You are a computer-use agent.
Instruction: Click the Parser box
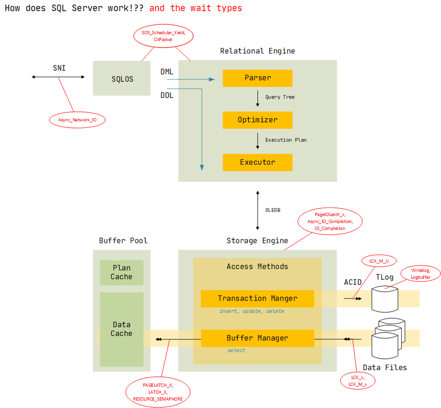coord(257,78)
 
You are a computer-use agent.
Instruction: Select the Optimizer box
coord(257,120)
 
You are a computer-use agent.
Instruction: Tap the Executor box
coord(257,162)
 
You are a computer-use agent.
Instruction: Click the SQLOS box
coord(122,79)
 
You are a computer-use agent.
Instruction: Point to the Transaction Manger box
coord(257,298)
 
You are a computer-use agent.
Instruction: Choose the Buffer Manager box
coord(257,338)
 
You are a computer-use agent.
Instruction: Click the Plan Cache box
coord(121,272)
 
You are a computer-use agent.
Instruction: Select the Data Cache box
coord(121,329)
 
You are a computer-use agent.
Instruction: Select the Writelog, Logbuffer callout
coord(420,274)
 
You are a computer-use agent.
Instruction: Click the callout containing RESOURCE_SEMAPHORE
coord(158,392)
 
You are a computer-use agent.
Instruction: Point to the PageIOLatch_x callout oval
coord(329,221)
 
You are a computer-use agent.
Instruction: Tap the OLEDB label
coord(272,210)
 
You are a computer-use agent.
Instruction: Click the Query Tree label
coord(280,97)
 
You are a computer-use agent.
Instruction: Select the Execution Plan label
coord(286,140)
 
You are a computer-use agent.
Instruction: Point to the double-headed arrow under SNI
coord(58,77)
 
